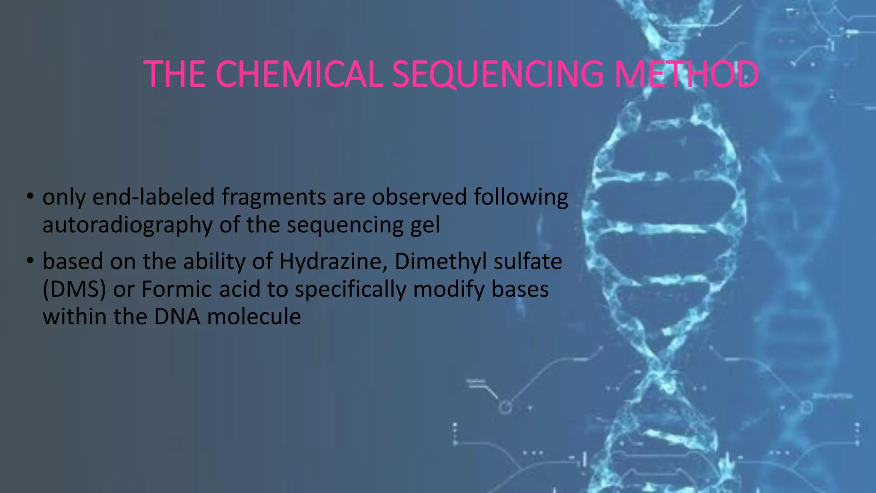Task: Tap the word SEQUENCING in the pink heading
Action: pos(498,74)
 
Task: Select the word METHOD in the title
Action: pos(686,74)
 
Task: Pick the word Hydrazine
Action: pos(333,261)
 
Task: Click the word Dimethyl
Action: pos(441,261)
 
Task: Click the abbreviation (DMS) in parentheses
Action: pos(74,289)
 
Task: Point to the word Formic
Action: pos(177,289)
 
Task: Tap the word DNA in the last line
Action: pos(177,317)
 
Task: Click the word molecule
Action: pos(254,317)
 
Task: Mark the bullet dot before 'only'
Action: pos(30,196)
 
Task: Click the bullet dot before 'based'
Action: pos(30,261)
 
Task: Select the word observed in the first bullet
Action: pos(419,197)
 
